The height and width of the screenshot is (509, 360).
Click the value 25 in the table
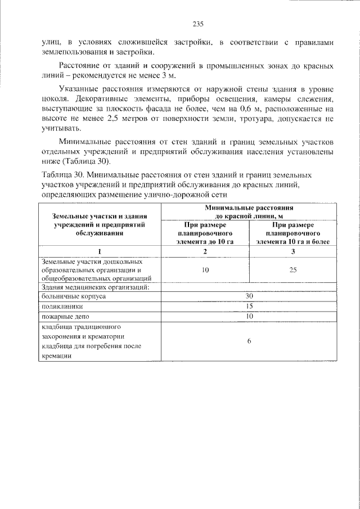point(293,270)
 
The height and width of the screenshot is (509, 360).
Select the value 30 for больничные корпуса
point(250,296)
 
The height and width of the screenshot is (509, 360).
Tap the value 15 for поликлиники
point(250,307)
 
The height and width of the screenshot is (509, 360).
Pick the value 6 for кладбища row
point(249,341)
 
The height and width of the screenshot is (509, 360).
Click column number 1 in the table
point(100,251)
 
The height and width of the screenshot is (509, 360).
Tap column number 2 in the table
point(205,251)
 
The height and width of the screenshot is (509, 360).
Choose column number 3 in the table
point(293,251)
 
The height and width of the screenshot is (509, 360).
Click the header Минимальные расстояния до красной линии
point(250,211)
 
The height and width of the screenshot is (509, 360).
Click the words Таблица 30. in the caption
point(63,175)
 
